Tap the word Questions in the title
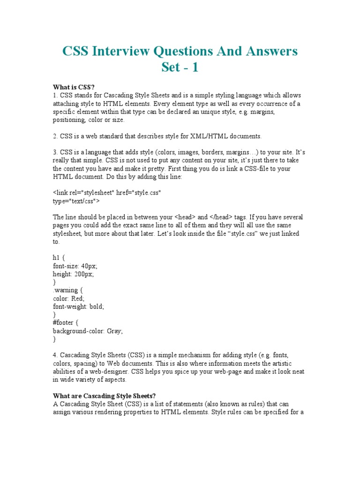coord(195,51)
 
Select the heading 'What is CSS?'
coord(74,87)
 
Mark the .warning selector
coord(66,290)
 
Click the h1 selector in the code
coord(56,257)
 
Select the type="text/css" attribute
coord(76,201)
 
